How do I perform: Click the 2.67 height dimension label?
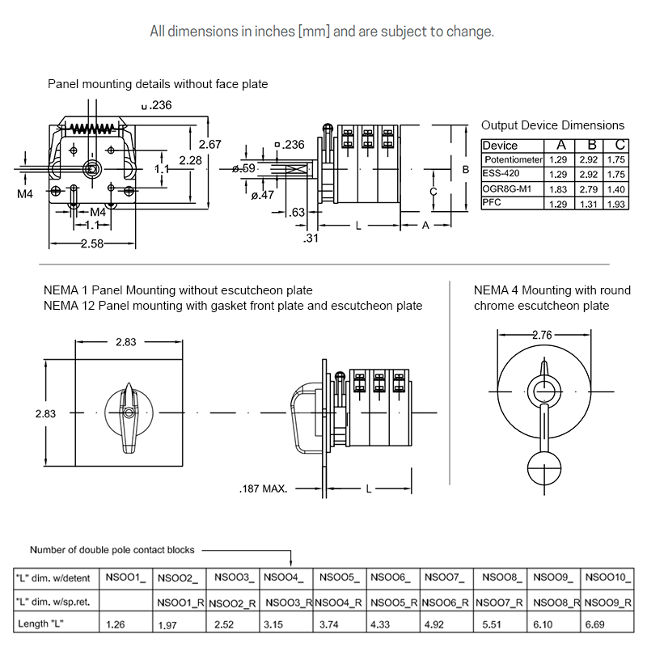click(210, 144)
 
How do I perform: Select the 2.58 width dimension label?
click(91, 243)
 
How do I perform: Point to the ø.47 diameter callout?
click(264, 195)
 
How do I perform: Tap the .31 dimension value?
click(311, 238)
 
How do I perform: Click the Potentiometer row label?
click(513, 160)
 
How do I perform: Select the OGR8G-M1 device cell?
click(507, 188)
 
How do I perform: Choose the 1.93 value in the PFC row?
click(616, 204)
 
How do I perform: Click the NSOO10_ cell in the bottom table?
click(607, 577)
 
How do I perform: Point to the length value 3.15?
click(275, 624)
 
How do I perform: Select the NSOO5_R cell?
click(394, 603)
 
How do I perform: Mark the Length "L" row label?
click(40, 624)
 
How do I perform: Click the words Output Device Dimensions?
click(552, 125)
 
